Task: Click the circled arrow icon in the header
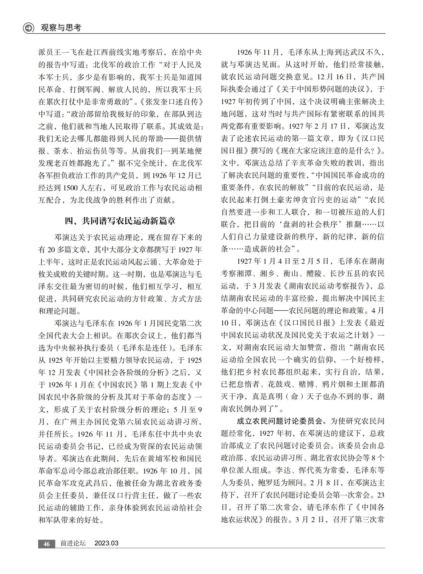click(x=28, y=28)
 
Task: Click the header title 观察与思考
click(x=61, y=27)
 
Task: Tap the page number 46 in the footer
click(x=46, y=544)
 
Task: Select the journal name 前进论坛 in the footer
click(x=73, y=543)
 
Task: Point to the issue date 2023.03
click(x=107, y=543)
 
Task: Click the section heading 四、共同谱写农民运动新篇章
click(x=120, y=221)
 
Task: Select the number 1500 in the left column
click(x=70, y=188)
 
